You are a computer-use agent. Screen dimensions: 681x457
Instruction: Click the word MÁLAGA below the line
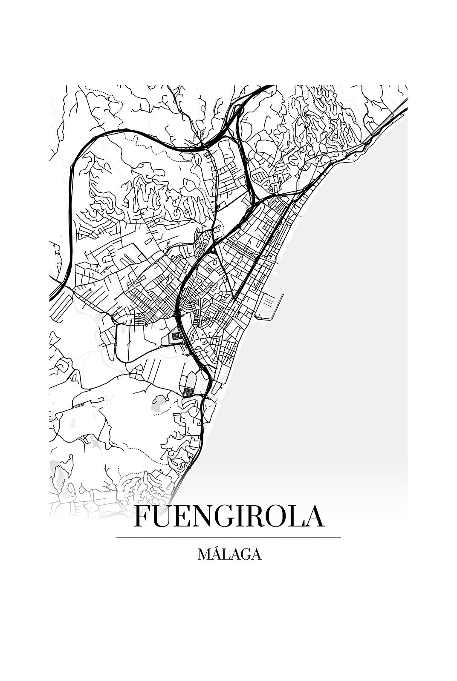click(229, 554)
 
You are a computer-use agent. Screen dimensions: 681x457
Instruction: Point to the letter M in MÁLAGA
click(203, 555)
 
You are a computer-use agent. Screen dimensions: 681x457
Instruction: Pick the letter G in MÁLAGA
click(245, 555)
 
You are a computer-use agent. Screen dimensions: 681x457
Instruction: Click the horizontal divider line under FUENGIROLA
click(228, 537)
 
